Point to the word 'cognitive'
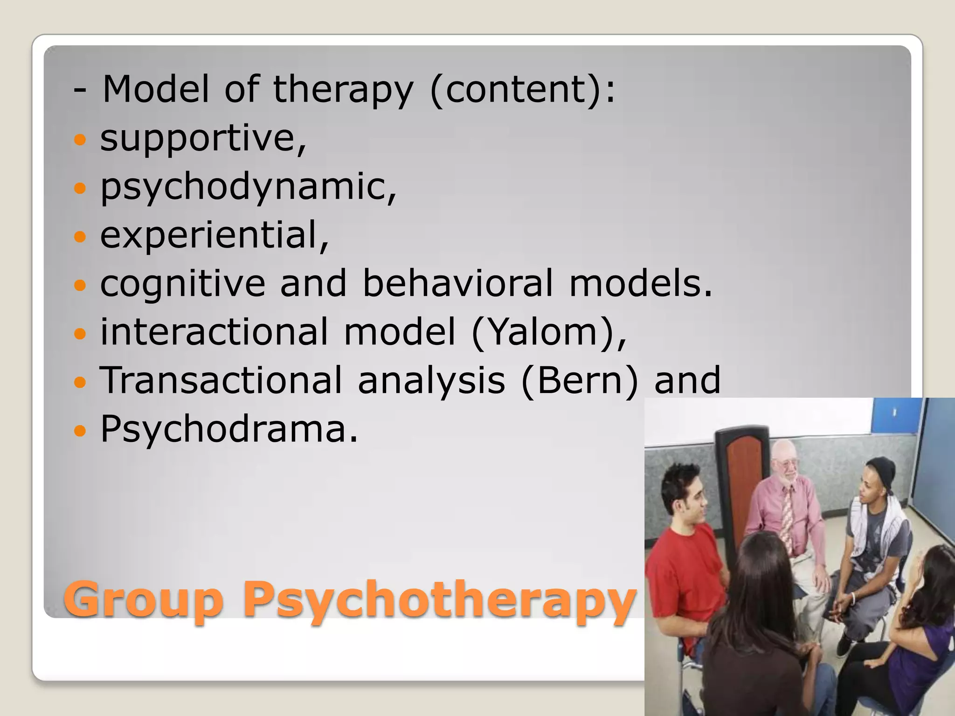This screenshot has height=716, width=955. coord(182,284)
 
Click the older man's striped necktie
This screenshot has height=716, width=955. coord(788,517)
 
